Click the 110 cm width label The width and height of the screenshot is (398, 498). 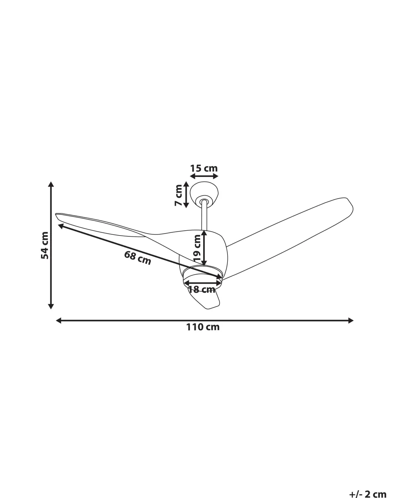tap(203, 327)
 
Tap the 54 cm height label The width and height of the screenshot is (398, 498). tap(45, 245)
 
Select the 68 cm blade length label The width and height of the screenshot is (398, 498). tap(137, 258)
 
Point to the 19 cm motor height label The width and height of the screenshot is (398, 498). tap(197, 248)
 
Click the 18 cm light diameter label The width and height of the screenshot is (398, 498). tap(201, 289)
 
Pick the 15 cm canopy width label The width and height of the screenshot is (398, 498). tap(204, 168)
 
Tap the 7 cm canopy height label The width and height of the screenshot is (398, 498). tap(178, 195)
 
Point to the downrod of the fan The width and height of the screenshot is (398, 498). tap(204, 216)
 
